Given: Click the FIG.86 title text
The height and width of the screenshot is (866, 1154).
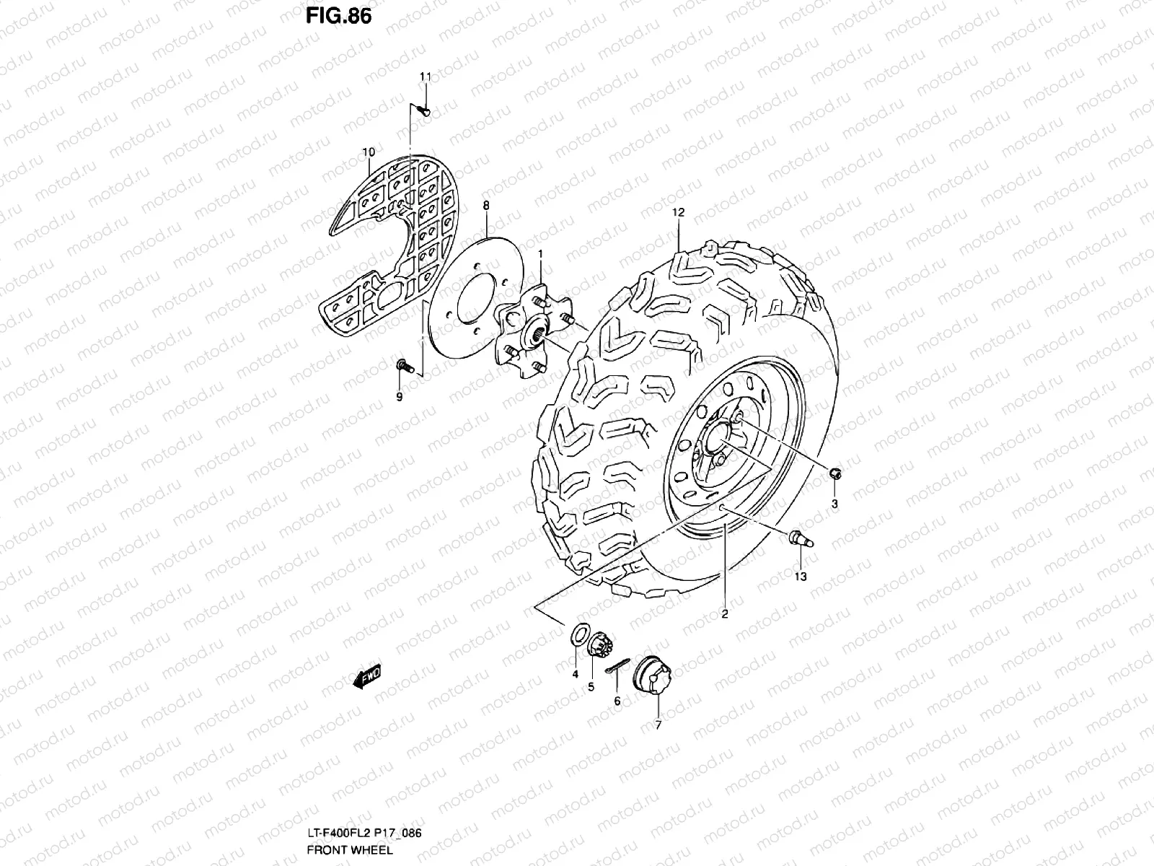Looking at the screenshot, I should tap(338, 15).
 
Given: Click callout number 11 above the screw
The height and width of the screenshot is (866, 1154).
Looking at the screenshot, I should tap(426, 77).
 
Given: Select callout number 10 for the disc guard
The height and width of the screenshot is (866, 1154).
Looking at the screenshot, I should tap(369, 152).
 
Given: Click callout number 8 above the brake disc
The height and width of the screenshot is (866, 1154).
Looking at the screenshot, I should tap(486, 206).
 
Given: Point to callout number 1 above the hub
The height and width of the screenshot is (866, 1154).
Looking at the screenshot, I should tap(540, 253).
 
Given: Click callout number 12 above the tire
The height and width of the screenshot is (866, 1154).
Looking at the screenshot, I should tap(678, 213).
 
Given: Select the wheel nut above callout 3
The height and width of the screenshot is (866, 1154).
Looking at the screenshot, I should tap(835, 473).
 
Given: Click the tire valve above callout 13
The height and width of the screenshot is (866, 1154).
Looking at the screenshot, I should tap(801, 537).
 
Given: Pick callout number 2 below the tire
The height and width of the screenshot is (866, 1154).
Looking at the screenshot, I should tap(724, 614).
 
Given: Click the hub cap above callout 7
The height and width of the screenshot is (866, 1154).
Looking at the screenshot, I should tap(646, 675).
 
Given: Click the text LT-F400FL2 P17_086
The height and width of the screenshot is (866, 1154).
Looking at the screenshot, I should tap(364, 833).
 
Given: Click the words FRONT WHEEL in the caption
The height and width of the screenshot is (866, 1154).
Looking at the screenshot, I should tap(350, 849).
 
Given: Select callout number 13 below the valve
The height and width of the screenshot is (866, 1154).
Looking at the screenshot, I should tap(801, 577).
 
